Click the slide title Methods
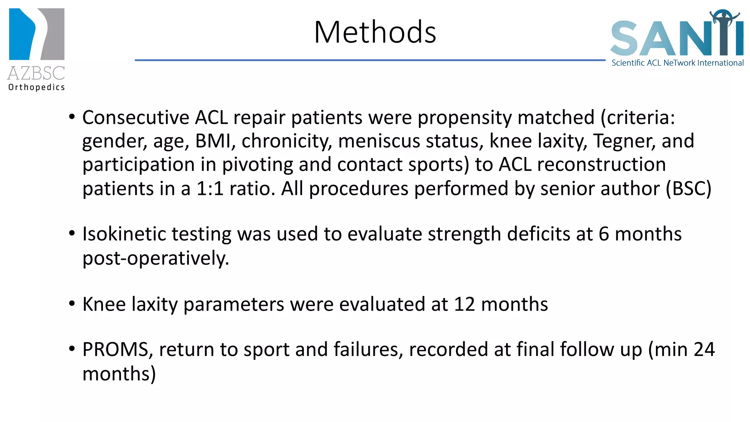point(375,32)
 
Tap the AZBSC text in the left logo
point(36,73)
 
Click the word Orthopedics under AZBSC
point(37,87)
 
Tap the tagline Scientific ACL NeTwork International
point(677,63)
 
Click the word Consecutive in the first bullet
point(135,118)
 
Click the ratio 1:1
point(210,189)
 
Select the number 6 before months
point(604,234)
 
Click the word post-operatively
point(156,259)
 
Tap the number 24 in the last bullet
point(704,349)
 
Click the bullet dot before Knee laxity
point(72,304)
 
